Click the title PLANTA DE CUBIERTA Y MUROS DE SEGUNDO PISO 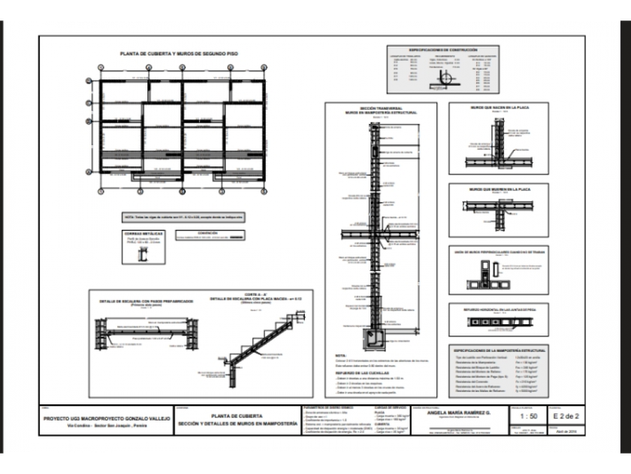point(179,54)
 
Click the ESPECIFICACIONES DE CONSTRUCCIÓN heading point(442,50)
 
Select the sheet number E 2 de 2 point(565,415)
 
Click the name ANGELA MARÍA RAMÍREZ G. point(457,413)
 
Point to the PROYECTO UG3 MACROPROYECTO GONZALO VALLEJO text point(107,418)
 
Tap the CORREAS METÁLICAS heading point(143,233)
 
